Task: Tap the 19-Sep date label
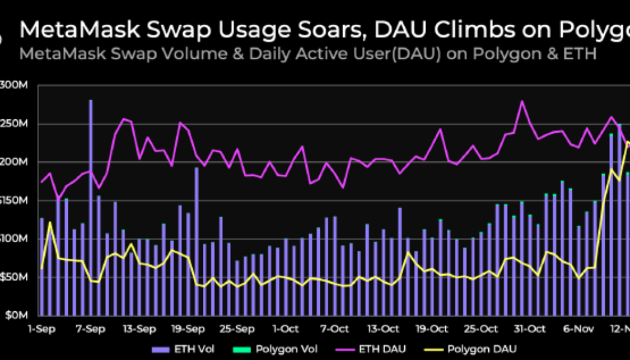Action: [x=188, y=329]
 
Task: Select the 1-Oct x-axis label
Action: [x=286, y=329]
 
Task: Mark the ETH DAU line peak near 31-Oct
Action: [x=521, y=101]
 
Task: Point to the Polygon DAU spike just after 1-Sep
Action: [x=50, y=223]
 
